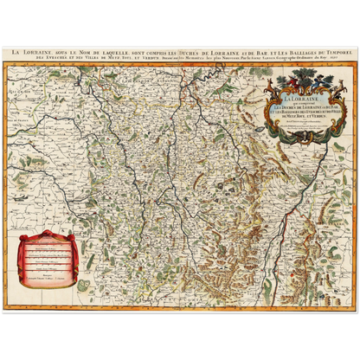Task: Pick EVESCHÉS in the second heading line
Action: pos(40,58)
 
